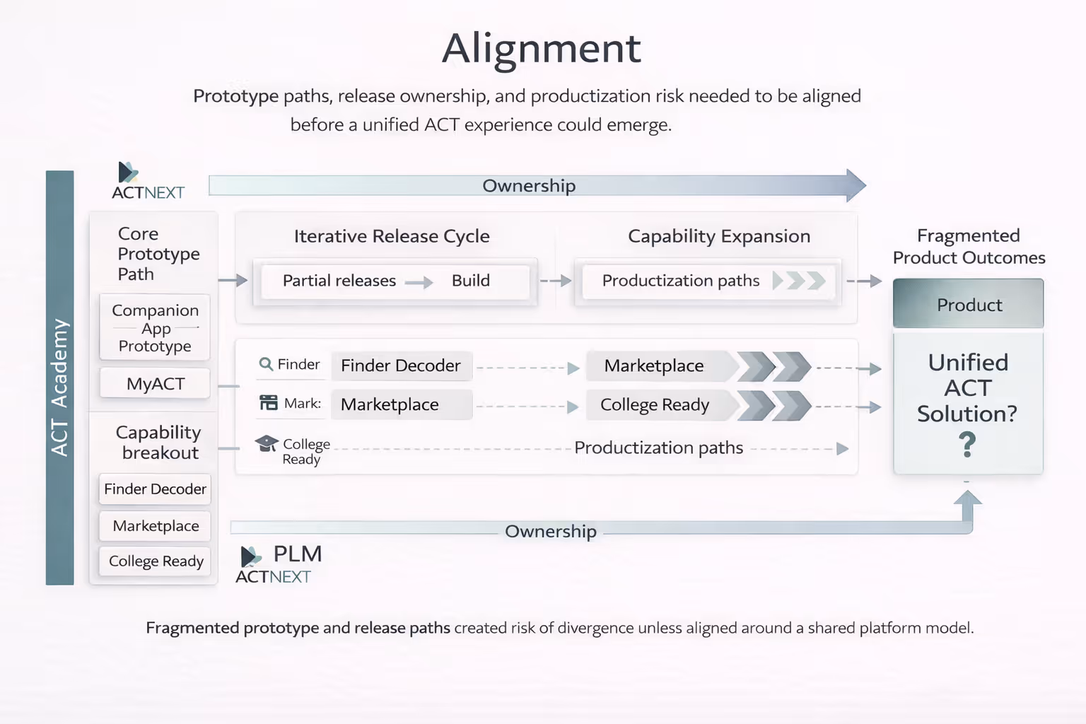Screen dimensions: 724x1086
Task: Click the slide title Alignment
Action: click(x=542, y=48)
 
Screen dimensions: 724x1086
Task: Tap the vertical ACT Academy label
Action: click(x=59, y=387)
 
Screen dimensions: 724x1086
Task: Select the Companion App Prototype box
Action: click(x=155, y=328)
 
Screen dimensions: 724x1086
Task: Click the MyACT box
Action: click(x=156, y=384)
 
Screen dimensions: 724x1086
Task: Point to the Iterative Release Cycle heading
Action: click(x=392, y=236)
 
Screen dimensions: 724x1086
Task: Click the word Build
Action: click(x=470, y=281)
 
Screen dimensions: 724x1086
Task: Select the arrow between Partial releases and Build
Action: click(x=419, y=283)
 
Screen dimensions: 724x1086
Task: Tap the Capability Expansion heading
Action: click(x=719, y=236)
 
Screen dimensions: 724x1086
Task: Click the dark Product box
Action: click(x=969, y=305)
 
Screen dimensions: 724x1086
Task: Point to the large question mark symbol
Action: click(x=967, y=445)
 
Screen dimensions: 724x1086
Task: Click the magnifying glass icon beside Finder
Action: click(x=266, y=364)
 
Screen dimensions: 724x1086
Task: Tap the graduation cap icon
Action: click(x=267, y=443)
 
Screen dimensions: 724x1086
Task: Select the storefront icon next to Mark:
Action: click(x=269, y=403)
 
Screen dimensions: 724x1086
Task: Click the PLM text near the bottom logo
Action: click(x=298, y=554)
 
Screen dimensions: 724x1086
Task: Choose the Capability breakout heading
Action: click(x=159, y=442)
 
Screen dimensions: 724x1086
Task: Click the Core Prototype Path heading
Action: click(x=158, y=253)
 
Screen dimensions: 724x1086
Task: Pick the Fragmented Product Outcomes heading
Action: click(x=969, y=246)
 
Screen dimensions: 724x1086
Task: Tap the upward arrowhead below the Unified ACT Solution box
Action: click(x=967, y=498)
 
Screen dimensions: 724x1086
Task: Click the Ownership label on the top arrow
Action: click(x=529, y=186)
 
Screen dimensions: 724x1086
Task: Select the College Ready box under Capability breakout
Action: click(x=156, y=561)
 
